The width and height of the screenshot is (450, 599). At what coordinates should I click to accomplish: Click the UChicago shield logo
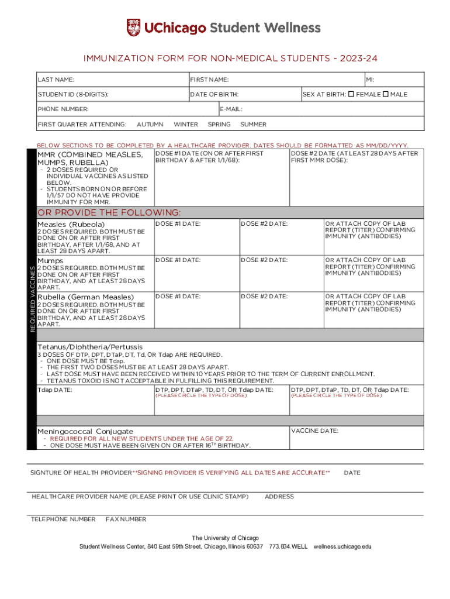133,27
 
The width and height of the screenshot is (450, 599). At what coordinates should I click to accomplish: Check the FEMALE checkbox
351,94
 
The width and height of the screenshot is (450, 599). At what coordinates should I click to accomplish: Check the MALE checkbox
385,94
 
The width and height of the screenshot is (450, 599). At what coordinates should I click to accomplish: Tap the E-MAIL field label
231,109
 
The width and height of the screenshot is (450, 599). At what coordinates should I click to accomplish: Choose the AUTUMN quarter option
150,125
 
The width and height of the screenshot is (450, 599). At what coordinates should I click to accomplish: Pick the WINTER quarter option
186,125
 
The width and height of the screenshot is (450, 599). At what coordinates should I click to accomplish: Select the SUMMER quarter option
253,125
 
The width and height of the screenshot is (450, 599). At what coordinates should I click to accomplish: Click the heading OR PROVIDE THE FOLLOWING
109,212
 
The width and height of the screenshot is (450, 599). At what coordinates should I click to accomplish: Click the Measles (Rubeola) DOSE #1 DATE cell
197,236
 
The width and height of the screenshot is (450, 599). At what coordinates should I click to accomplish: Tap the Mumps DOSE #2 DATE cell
281,273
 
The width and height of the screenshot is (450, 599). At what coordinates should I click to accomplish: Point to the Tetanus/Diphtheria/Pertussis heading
89,347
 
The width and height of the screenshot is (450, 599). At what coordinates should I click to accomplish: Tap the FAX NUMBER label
126,519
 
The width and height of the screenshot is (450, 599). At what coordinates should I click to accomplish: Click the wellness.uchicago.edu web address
342,547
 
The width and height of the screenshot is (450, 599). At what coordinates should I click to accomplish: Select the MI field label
371,80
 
